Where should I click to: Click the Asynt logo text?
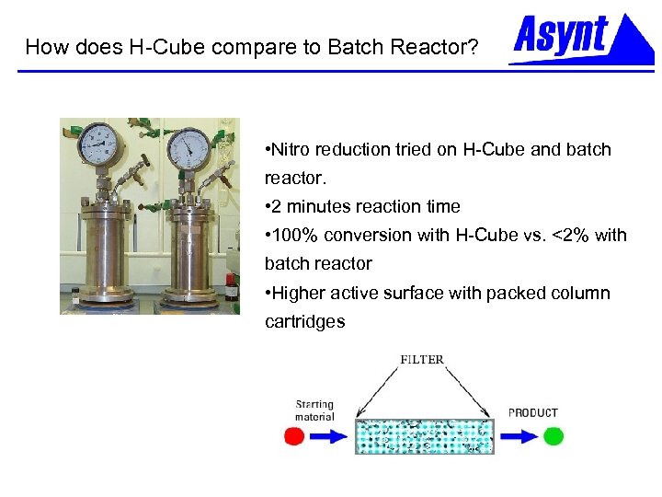pyautogui.click(x=560, y=35)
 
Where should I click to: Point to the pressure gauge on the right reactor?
pyautogui.click(x=188, y=147)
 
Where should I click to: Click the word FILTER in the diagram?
pyautogui.click(x=422, y=359)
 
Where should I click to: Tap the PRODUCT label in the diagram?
pyautogui.click(x=533, y=412)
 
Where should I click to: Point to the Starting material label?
pyautogui.click(x=314, y=410)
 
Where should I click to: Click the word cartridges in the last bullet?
pyautogui.click(x=304, y=322)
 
